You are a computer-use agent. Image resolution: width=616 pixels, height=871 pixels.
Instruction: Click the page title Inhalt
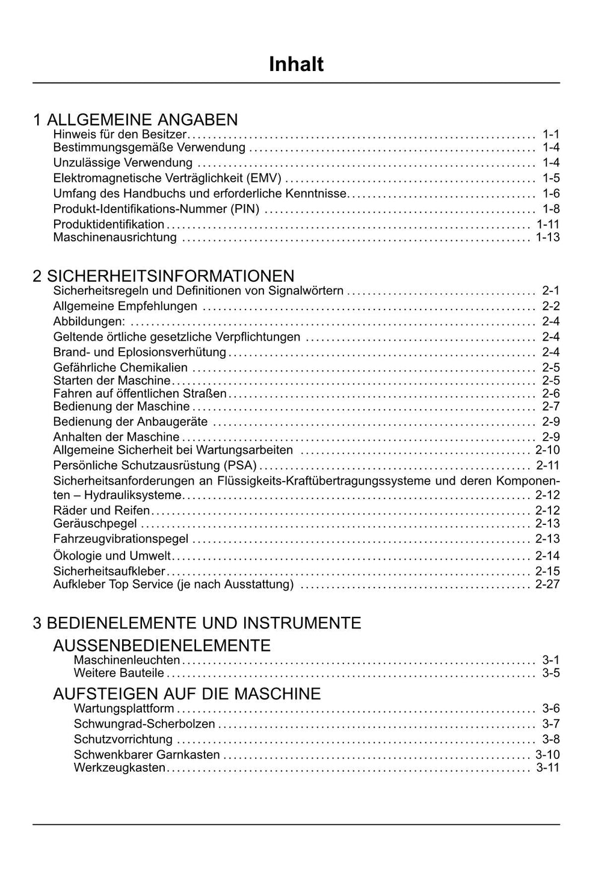pyautogui.click(x=296, y=64)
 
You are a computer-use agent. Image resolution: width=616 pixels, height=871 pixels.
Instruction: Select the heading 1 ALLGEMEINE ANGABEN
pyautogui.click(x=135, y=119)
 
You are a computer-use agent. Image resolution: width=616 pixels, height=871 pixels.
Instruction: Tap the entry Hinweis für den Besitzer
pyautogui.click(x=120, y=134)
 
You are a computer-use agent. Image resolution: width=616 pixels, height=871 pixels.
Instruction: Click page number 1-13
pyautogui.click(x=547, y=237)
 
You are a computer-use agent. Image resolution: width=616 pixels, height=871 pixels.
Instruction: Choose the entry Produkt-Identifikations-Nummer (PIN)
pyautogui.click(x=156, y=209)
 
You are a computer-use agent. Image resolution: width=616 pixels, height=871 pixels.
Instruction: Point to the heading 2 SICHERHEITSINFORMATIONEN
pyautogui.click(x=164, y=276)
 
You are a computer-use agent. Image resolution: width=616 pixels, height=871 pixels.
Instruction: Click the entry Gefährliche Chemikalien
pyautogui.click(x=120, y=367)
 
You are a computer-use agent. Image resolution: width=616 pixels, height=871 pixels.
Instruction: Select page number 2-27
pyautogui.click(x=547, y=584)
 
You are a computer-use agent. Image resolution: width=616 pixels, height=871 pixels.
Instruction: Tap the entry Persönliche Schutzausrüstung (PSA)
pyautogui.click(x=155, y=465)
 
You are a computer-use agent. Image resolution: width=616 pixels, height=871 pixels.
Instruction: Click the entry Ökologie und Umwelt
pyautogui.click(x=112, y=556)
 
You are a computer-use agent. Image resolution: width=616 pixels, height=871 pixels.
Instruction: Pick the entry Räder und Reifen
pyautogui.click(x=102, y=510)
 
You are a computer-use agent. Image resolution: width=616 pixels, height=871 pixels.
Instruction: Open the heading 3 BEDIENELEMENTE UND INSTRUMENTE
pyautogui.click(x=197, y=622)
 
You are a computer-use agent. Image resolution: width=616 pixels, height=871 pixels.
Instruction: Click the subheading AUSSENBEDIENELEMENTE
pyautogui.click(x=162, y=645)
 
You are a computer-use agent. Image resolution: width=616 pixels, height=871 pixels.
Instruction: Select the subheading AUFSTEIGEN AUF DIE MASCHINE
pyautogui.click(x=187, y=693)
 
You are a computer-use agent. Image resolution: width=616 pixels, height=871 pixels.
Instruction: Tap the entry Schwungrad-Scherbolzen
pyautogui.click(x=144, y=724)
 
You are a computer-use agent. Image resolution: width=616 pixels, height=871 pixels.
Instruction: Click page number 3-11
pyautogui.click(x=547, y=767)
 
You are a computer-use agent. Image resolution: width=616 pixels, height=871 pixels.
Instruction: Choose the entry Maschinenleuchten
pyautogui.click(x=127, y=660)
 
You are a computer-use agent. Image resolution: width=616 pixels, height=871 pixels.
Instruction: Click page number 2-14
pyautogui.click(x=547, y=556)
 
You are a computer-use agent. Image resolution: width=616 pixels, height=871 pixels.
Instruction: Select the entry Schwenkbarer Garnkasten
pyautogui.click(x=147, y=754)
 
